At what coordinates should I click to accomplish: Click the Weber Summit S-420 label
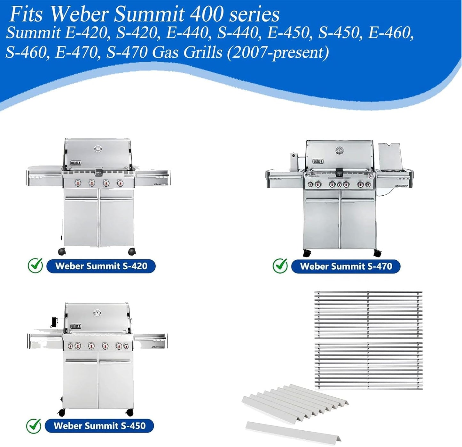101,266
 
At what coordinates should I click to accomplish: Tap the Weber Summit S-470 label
346,266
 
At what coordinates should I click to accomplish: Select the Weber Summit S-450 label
99,426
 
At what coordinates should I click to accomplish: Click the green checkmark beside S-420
35,266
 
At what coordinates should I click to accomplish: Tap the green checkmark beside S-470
280,266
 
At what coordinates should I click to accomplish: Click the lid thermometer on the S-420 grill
98,149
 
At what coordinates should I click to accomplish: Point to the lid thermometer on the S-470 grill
339,150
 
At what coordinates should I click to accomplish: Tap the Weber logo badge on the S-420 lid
76,163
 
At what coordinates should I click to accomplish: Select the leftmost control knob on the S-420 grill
78,183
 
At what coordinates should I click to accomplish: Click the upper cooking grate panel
368,314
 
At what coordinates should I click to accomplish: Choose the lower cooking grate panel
368,366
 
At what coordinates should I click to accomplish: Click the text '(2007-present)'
278,52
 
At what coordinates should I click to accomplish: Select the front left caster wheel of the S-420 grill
62,252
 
